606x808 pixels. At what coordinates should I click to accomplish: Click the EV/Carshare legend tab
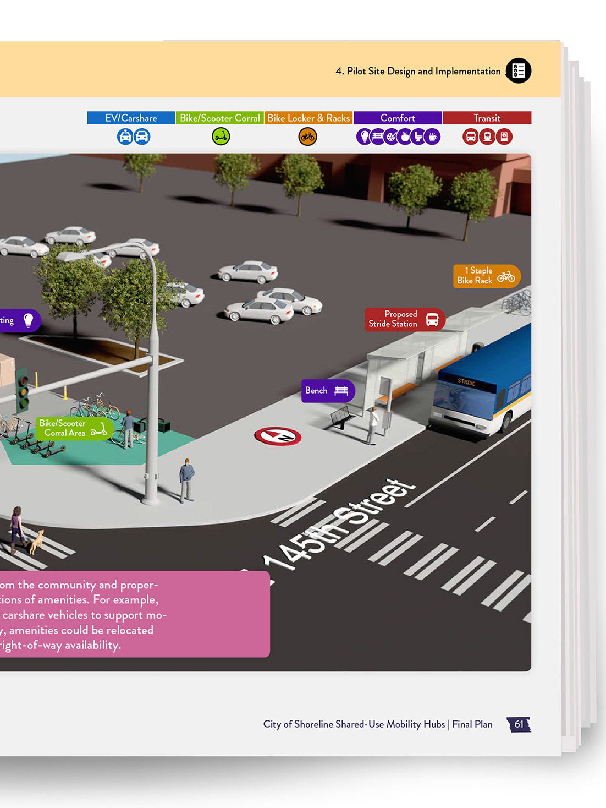[131, 118]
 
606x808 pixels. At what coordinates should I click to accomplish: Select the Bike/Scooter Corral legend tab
[220, 118]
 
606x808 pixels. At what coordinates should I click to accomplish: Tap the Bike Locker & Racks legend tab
[308, 118]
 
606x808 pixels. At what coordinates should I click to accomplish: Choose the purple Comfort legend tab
[398, 118]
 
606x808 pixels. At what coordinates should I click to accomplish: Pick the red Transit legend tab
[487, 118]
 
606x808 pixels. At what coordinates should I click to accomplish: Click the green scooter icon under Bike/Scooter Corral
[221, 137]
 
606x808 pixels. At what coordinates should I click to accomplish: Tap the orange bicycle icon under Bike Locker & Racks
[307, 137]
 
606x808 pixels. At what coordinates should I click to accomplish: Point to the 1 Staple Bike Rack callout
[486, 276]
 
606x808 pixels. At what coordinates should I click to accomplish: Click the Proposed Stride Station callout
[404, 319]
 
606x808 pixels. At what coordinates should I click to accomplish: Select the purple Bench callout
[327, 391]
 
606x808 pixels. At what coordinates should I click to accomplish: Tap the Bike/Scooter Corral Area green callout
[74, 428]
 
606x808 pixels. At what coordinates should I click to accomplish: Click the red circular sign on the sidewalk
[278, 436]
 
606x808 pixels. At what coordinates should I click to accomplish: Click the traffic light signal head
[23, 390]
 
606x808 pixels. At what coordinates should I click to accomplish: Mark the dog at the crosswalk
[36, 542]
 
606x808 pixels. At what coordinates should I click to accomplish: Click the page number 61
[519, 724]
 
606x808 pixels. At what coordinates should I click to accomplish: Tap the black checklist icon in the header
[518, 70]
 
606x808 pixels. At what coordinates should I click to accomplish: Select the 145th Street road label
[340, 523]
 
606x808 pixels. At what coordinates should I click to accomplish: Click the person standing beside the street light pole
[187, 479]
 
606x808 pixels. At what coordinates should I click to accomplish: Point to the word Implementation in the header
[467, 72]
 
